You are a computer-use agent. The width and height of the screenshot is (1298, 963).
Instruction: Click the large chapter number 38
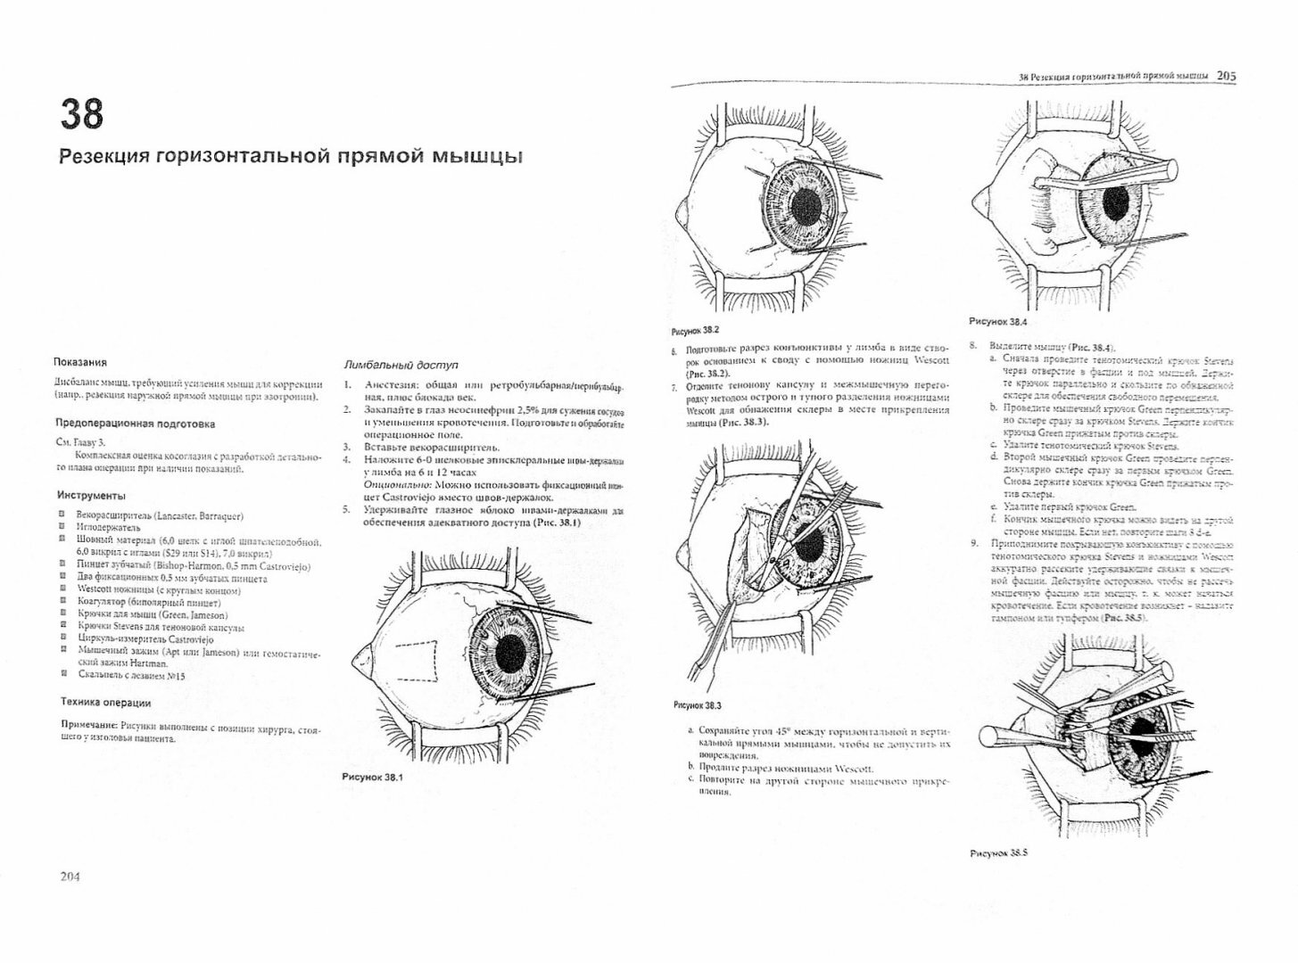[82, 114]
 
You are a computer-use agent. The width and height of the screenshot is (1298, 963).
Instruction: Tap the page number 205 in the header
[1226, 77]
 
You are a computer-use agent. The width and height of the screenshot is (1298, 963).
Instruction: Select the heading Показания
[80, 362]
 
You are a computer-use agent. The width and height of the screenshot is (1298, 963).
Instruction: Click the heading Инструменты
[91, 495]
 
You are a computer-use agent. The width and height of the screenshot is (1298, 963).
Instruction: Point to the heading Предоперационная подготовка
[135, 424]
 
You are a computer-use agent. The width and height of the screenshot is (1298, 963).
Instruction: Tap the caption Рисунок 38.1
[372, 777]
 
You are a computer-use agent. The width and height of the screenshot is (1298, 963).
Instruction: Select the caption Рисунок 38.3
[697, 704]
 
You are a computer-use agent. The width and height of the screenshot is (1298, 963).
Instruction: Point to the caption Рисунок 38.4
[998, 321]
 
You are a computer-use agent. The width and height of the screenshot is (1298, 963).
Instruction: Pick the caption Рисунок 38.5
[998, 852]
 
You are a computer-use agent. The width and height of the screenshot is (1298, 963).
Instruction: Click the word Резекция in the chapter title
[103, 157]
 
